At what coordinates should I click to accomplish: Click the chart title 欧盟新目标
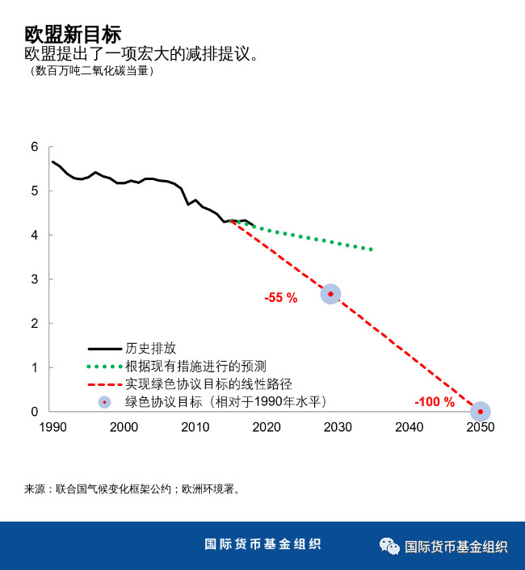click(x=73, y=35)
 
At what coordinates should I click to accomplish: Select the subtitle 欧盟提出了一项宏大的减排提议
click(x=141, y=54)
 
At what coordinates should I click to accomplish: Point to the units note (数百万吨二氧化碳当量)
click(x=89, y=70)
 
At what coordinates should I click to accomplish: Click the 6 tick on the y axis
click(x=34, y=147)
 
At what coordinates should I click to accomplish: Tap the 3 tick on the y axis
click(x=34, y=279)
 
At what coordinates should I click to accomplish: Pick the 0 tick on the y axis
click(x=34, y=412)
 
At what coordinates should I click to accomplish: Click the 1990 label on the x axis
click(x=52, y=427)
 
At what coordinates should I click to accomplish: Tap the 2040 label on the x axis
click(x=409, y=427)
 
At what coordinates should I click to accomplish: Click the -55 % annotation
click(x=281, y=298)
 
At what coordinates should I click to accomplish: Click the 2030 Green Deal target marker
click(x=330, y=294)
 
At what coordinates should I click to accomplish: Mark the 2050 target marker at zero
click(x=481, y=412)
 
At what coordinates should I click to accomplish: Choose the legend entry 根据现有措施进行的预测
click(x=195, y=366)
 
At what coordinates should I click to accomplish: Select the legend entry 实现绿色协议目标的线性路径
click(x=208, y=383)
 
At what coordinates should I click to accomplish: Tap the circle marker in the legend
click(x=104, y=401)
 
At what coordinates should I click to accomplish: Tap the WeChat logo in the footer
click(x=389, y=546)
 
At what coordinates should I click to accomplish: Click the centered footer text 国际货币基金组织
click(x=262, y=544)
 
